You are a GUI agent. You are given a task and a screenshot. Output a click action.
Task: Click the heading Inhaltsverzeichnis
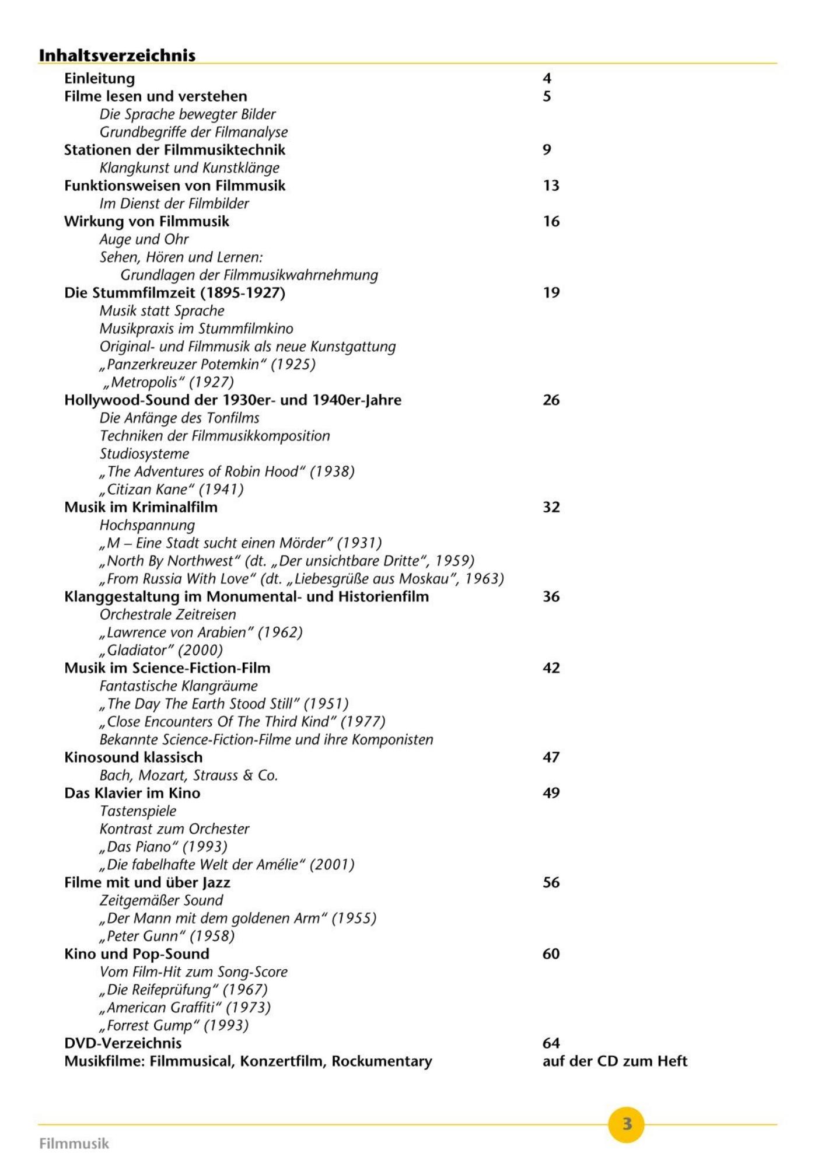pos(117,55)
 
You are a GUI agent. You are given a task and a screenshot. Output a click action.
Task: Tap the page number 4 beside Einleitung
pos(547,78)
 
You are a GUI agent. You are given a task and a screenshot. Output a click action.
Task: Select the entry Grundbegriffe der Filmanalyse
pos(194,132)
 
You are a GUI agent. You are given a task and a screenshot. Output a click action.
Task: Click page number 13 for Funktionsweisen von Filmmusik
pos(551,186)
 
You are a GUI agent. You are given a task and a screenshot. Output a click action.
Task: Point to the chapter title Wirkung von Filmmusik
pos(146,221)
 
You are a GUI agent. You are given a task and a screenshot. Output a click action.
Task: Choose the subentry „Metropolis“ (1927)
pos(168,382)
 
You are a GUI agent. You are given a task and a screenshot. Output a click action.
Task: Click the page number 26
pos(551,400)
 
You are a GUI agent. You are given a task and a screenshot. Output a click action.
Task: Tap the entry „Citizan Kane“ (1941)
pos(172,489)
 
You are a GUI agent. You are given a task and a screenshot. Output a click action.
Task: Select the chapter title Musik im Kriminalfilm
pos(141,507)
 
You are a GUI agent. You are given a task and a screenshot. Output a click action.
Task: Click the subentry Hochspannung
pos(147,525)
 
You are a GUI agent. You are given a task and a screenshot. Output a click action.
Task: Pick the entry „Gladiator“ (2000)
pos(161,650)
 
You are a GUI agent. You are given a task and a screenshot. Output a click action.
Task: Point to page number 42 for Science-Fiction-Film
pos(551,668)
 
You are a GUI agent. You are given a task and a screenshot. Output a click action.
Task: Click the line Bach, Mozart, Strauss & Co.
pos(188,775)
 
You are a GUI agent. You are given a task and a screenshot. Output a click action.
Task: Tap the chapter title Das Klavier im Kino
pos(132,793)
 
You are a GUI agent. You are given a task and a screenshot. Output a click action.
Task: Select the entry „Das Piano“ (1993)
pos(163,847)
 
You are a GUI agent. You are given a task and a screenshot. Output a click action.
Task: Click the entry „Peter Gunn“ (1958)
pos(167,936)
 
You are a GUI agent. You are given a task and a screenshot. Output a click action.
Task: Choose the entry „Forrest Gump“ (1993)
pos(174,1025)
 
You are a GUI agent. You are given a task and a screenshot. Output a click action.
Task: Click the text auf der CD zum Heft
pos(615,1061)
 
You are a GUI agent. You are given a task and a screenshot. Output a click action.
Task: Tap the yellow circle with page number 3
pos(626,1124)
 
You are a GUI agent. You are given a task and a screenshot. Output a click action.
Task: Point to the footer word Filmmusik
pos(74,1143)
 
